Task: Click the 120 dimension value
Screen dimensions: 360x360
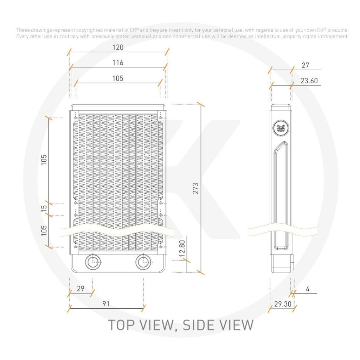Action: click(118, 47)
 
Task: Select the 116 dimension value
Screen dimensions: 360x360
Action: click(118, 63)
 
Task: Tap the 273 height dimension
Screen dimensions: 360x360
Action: click(195, 188)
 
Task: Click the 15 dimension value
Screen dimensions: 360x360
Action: click(44, 208)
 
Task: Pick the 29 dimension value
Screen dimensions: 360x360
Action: click(81, 289)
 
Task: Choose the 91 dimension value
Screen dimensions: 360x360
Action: click(106, 304)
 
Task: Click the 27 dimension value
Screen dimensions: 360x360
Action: click(306, 65)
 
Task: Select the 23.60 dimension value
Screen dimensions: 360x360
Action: click(309, 81)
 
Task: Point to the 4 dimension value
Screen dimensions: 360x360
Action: click(308, 289)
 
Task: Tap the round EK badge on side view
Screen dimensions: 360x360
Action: click(281, 128)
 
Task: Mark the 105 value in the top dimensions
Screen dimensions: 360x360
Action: click(118, 78)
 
